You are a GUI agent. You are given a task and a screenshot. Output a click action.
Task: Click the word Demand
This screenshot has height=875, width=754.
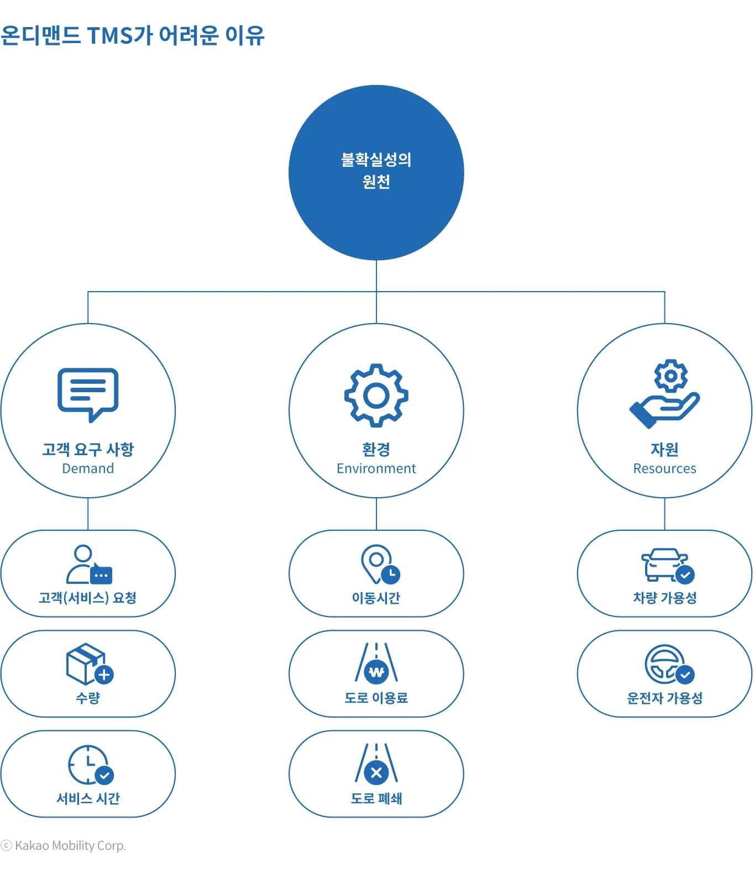point(88,468)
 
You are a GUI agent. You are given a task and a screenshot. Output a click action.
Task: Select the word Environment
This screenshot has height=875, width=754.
point(376,468)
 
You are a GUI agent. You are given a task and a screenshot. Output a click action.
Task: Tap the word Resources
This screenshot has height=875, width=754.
point(664,468)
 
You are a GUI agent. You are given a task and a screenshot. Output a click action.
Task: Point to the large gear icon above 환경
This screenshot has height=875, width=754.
point(376,395)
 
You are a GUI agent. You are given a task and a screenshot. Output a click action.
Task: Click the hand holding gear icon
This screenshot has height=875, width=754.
point(664,393)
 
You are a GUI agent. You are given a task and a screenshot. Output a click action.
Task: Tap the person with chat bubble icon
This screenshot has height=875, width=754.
point(89,565)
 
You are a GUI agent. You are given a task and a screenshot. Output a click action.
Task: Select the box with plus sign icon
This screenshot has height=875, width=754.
point(89,664)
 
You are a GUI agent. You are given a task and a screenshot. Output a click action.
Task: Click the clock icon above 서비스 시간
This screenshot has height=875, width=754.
point(90,765)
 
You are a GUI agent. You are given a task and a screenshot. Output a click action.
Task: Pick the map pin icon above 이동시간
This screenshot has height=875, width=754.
point(380,565)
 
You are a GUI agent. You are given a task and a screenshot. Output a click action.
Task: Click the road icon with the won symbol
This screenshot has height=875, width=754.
point(376,663)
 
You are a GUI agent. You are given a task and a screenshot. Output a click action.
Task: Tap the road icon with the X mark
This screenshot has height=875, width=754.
point(376,764)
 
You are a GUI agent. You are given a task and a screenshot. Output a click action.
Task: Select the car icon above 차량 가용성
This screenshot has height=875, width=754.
point(667,565)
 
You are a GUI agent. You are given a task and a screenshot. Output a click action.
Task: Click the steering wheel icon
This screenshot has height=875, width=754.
point(668,665)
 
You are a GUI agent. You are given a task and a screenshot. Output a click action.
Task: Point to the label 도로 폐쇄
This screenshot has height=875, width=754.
point(376,798)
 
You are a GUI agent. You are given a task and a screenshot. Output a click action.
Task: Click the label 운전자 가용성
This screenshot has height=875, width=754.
point(664,698)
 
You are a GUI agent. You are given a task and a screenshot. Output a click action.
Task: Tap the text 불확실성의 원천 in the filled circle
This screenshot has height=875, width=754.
point(376,171)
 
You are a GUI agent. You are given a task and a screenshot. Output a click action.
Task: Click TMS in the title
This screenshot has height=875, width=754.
point(109,36)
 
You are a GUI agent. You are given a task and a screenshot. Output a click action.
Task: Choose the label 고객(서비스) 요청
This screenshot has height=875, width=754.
point(88,598)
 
